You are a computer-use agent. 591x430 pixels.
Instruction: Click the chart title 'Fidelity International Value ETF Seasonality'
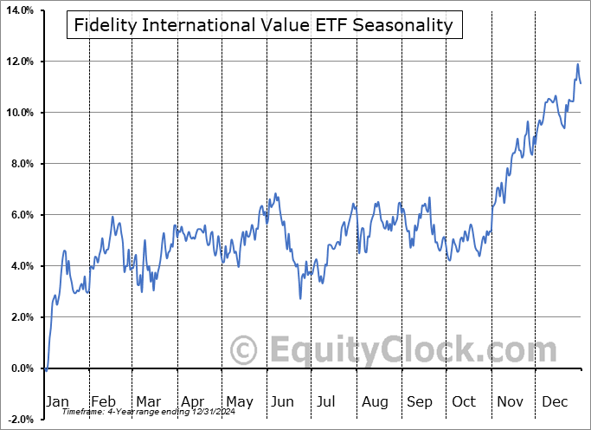(x=264, y=25)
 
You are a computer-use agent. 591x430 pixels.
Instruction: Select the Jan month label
(x=56, y=402)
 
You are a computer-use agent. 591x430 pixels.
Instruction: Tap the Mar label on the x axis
(x=148, y=402)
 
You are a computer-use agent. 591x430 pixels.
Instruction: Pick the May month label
(x=239, y=402)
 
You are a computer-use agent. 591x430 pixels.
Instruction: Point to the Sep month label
(x=420, y=402)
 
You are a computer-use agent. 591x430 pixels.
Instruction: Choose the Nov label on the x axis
(x=510, y=402)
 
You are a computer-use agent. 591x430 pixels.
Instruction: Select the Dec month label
(x=554, y=402)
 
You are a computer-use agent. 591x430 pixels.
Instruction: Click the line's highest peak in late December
(x=577, y=64)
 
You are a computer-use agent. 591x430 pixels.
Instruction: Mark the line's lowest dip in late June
(x=300, y=298)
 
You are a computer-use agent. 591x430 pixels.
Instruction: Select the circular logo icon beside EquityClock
(x=245, y=351)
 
